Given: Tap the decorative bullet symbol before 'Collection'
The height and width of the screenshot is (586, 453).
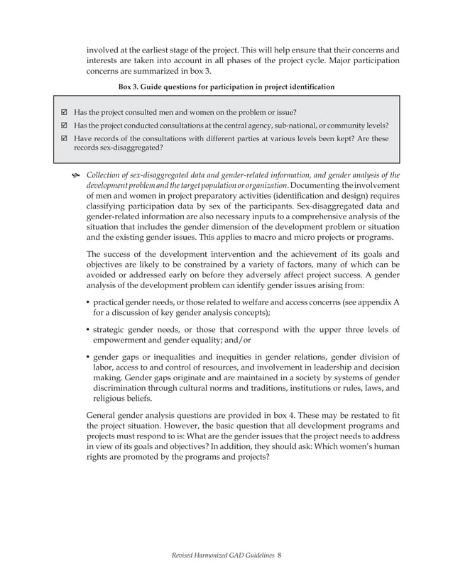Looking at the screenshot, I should click(x=75, y=176).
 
